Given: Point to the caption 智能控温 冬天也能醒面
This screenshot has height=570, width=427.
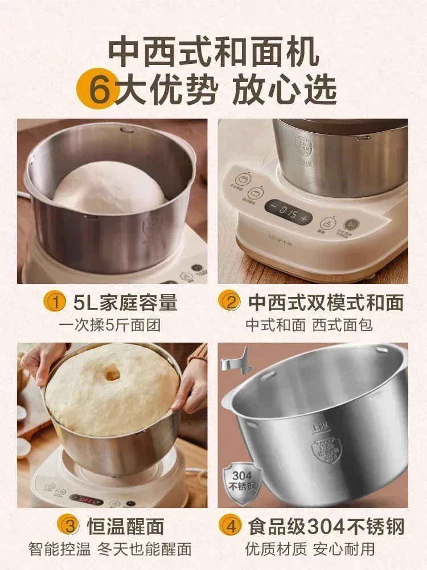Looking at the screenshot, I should (110, 549).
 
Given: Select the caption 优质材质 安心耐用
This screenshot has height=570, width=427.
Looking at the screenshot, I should (310, 549).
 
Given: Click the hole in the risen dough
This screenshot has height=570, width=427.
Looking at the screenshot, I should (112, 374).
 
